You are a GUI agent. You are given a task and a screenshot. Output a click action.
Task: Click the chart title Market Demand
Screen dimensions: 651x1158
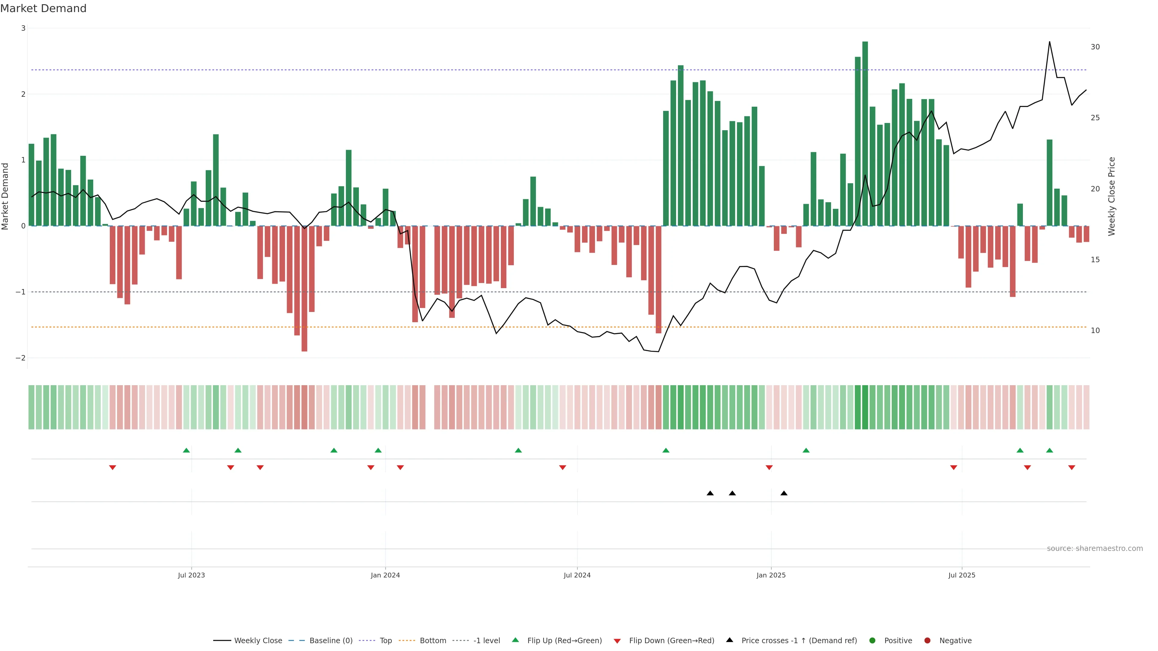[x=43, y=8]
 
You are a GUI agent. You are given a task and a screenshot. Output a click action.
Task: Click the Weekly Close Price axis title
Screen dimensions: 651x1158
[x=1111, y=196]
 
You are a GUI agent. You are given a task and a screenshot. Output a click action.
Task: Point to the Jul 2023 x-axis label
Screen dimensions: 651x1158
[x=191, y=575]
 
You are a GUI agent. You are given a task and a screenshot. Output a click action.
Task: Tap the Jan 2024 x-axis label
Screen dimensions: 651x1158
[x=385, y=575]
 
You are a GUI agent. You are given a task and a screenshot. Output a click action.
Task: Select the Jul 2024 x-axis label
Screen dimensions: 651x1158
[x=577, y=575]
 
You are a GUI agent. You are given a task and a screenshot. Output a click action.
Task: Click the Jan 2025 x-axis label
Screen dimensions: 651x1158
[x=771, y=575]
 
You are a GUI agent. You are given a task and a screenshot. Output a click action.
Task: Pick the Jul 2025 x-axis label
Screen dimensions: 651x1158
[x=962, y=575]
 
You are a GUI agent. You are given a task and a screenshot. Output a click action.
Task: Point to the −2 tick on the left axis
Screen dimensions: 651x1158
[x=21, y=358]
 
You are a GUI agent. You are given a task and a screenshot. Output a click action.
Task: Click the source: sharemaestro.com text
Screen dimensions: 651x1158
[x=1095, y=549]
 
